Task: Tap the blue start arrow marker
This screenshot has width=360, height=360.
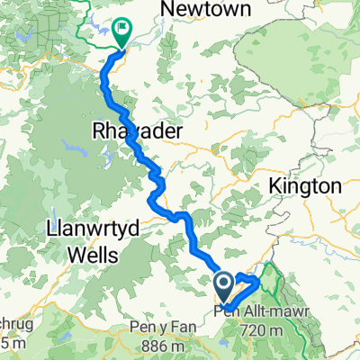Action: tap(224, 288)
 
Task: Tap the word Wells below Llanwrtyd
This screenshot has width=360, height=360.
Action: tap(94, 256)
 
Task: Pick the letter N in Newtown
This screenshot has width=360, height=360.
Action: tap(166, 9)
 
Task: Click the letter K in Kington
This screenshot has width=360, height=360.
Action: tap(273, 185)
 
